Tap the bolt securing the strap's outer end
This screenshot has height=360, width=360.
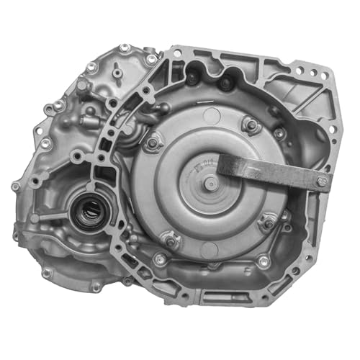click(x=320, y=180)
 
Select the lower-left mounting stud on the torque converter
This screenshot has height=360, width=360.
click(x=170, y=240)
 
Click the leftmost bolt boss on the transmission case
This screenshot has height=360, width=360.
click(x=15, y=186)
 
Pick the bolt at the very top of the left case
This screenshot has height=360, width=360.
click(x=125, y=48)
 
